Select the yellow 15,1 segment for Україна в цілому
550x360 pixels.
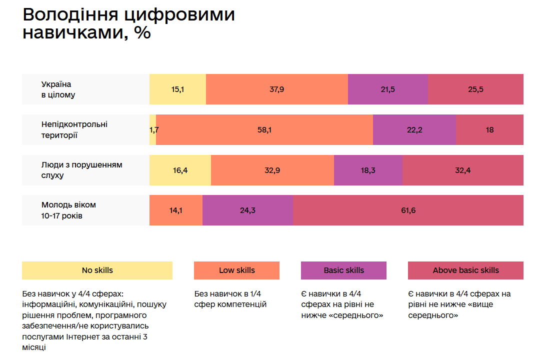coord(177,89)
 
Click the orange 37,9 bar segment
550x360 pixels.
coord(276,89)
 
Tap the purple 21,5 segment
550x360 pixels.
coord(387,89)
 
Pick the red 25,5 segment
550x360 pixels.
coord(475,89)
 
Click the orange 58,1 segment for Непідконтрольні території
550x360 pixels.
coord(264,130)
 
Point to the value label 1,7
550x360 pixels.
coord(154,130)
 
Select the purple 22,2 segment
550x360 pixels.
coord(414,130)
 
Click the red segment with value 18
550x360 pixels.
coord(489,130)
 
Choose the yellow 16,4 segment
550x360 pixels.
coord(180,170)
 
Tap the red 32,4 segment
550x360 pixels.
coord(463,170)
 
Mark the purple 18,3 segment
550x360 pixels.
coord(368,170)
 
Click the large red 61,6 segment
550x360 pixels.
coord(408,210)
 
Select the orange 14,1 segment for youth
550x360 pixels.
coord(176,210)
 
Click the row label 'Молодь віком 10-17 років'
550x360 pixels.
coord(68,210)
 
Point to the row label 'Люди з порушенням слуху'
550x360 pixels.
coord(81,170)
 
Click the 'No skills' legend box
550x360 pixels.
coord(97,270)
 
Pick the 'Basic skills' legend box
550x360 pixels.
coord(343,270)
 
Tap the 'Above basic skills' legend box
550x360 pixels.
coord(465,270)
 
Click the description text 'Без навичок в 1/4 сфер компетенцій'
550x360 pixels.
coord(230,299)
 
